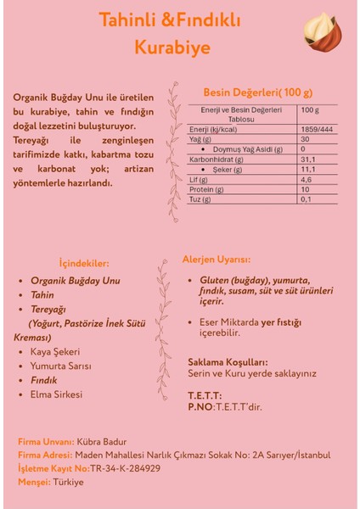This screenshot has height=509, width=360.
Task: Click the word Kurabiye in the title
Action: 172,48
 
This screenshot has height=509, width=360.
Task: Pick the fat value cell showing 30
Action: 305,138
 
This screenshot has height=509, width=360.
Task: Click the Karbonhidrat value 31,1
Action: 308,159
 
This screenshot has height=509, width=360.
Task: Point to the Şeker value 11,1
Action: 308,169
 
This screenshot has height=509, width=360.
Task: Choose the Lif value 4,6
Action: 307,179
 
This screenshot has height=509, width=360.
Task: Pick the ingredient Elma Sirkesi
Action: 56,394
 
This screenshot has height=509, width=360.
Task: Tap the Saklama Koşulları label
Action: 228,361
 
